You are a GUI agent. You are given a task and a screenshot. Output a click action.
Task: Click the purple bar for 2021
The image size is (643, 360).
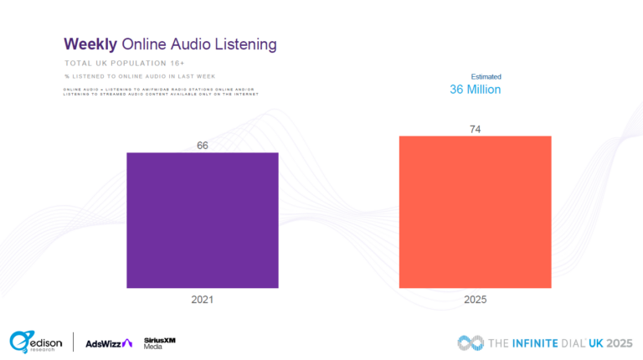[202, 221]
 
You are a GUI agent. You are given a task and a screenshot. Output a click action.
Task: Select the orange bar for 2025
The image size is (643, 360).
[475, 212]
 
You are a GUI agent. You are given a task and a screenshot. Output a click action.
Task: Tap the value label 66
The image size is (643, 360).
[202, 146]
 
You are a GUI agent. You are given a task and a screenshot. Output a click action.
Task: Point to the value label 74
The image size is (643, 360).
[475, 128]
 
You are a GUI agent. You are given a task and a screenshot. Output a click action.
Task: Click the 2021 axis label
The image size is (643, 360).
[202, 299]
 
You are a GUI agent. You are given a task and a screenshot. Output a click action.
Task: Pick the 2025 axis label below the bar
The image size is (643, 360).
[475, 299]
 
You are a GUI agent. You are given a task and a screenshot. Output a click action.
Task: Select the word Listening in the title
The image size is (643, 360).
[244, 43]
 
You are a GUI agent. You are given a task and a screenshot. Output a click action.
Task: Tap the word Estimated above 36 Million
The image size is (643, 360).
[486, 76]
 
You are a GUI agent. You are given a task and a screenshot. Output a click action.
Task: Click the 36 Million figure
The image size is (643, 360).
[475, 89]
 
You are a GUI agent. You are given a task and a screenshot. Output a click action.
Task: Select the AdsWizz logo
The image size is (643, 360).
[109, 342]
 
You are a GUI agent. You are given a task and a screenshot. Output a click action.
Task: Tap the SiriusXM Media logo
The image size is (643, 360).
[160, 342]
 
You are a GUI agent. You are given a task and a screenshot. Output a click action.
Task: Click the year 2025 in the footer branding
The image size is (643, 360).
[618, 342]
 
